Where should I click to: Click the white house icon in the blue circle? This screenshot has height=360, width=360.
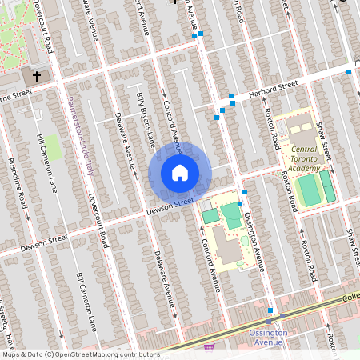(x=180, y=172)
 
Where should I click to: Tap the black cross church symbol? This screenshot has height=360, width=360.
(x=35, y=77)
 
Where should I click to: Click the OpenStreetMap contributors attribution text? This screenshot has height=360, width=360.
(x=81, y=354)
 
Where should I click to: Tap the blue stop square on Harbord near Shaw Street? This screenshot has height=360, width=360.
(x=349, y=72)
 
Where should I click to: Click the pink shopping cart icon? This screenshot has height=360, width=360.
(x=210, y=347)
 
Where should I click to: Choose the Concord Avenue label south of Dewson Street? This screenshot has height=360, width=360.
(x=210, y=264)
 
